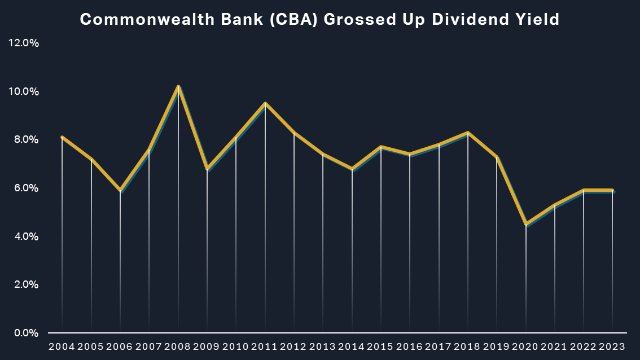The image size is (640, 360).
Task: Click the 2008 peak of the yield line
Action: point(178,86)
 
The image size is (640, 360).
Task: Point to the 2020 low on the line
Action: point(526,224)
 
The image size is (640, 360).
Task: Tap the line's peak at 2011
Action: point(265,103)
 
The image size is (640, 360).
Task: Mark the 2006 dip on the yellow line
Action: point(120,190)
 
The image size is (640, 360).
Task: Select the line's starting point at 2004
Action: point(62,137)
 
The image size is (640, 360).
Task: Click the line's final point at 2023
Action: point(612,190)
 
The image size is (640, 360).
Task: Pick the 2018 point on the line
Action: point(468,133)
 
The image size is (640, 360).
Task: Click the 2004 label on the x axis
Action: point(62,346)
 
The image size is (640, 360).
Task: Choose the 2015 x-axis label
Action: point(381,346)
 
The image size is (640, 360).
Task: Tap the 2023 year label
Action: point(612,346)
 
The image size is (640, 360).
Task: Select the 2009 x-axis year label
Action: point(207,346)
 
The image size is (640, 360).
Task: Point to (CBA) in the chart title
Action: point(284,20)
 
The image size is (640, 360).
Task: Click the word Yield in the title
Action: point(538,20)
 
